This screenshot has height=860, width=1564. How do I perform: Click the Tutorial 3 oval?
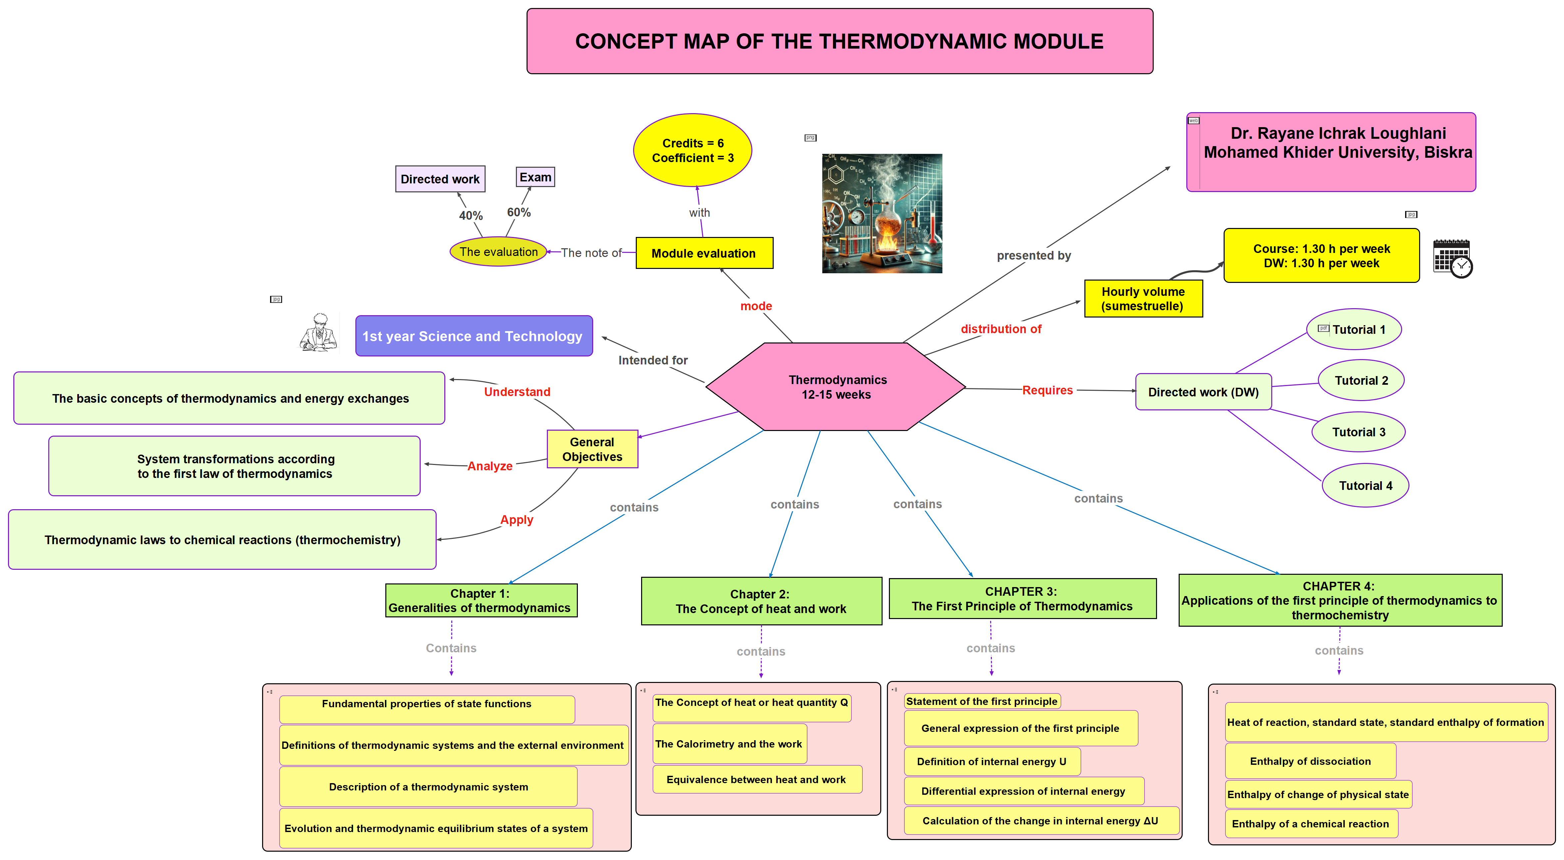coord(1358,432)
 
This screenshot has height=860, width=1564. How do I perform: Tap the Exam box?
coord(535,177)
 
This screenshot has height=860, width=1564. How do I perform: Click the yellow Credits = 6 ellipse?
coord(692,150)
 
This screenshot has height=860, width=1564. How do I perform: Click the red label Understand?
coord(517,392)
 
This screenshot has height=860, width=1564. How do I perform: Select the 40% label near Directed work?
coord(471,215)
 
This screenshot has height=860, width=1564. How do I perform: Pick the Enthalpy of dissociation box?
coord(1310,761)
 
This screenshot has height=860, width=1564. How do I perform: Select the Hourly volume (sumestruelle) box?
coord(1143,299)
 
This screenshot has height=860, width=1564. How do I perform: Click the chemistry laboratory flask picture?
coord(882,214)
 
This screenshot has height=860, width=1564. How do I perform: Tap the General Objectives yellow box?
coord(592,449)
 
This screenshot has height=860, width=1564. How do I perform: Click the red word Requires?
coord(1047,390)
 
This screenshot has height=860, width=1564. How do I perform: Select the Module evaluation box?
coord(704,253)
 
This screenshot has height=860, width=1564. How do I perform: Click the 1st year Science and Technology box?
coord(473,336)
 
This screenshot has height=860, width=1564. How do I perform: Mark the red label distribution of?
coord(1000,329)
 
